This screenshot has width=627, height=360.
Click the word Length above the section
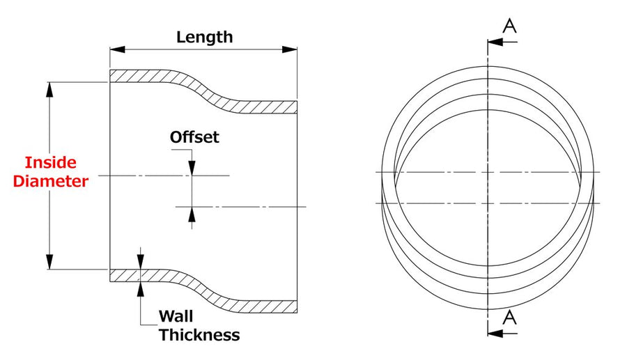tap(204, 37)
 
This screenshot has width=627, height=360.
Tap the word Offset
tap(194, 137)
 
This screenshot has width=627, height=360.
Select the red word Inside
tap(51, 163)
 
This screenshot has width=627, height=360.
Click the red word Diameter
tap(50, 181)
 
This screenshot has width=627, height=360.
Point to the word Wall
tap(176, 316)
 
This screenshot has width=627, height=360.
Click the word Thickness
tap(199, 335)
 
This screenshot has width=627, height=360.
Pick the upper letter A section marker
tap(509, 26)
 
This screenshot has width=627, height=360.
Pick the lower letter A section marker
tap(509, 318)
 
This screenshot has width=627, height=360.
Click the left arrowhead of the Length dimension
tap(118, 49)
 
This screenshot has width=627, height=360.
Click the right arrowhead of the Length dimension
tap(290, 49)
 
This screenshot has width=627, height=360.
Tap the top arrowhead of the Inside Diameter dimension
tap(49, 90)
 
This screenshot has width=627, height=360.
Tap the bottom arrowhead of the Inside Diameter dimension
tap(49, 262)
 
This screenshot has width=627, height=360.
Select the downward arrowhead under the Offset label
tap(192, 168)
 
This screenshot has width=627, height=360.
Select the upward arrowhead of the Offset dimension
tap(192, 214)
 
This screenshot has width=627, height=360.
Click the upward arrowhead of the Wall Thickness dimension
tap(140, 289)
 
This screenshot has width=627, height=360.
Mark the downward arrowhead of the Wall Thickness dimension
tap(140, 262)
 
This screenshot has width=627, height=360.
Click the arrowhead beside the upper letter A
tap(495, 42)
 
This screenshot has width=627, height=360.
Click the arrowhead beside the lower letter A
tap(495, 333)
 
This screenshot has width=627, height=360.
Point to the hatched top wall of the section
tap(204, 91)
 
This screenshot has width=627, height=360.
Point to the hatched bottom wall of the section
tap(204, 290)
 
